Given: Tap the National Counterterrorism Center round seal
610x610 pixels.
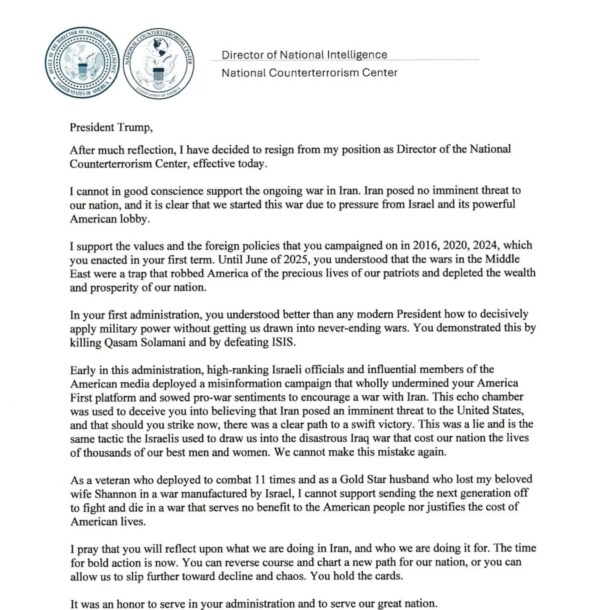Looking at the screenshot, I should [159, 64].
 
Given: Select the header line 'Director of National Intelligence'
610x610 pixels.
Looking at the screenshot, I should [304, 55].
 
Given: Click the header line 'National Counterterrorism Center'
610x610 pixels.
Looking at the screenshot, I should [309, 73].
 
